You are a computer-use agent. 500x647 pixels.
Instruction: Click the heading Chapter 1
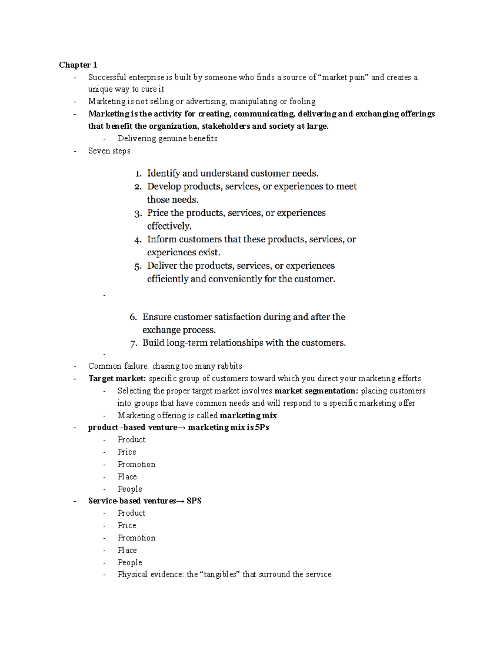[x=78, y=65]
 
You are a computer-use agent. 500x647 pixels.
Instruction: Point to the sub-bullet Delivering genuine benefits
[x=167, y=139]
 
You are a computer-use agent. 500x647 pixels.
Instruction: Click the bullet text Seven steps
[x=109, y=151]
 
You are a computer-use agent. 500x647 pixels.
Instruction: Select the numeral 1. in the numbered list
[x=138, y=174]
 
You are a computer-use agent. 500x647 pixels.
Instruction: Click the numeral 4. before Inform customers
[x=138, y=240]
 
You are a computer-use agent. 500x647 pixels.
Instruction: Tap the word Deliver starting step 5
[x=162, y=266]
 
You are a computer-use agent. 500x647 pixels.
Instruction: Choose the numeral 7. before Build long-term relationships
[x=133, y=344]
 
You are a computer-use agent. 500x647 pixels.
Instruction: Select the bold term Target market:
[x=117, y=379]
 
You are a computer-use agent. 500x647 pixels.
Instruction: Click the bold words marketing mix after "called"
[x=248, y=416]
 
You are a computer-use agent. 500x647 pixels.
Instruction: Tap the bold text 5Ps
[x=262, y=427]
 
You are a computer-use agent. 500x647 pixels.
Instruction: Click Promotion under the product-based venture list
[x=136, y=465]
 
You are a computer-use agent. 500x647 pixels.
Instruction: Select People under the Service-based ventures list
[x=130, y=562]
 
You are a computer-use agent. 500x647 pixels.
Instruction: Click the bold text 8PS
[x=194, y=501]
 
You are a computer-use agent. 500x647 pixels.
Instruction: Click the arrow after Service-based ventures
[x=180, y=501]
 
